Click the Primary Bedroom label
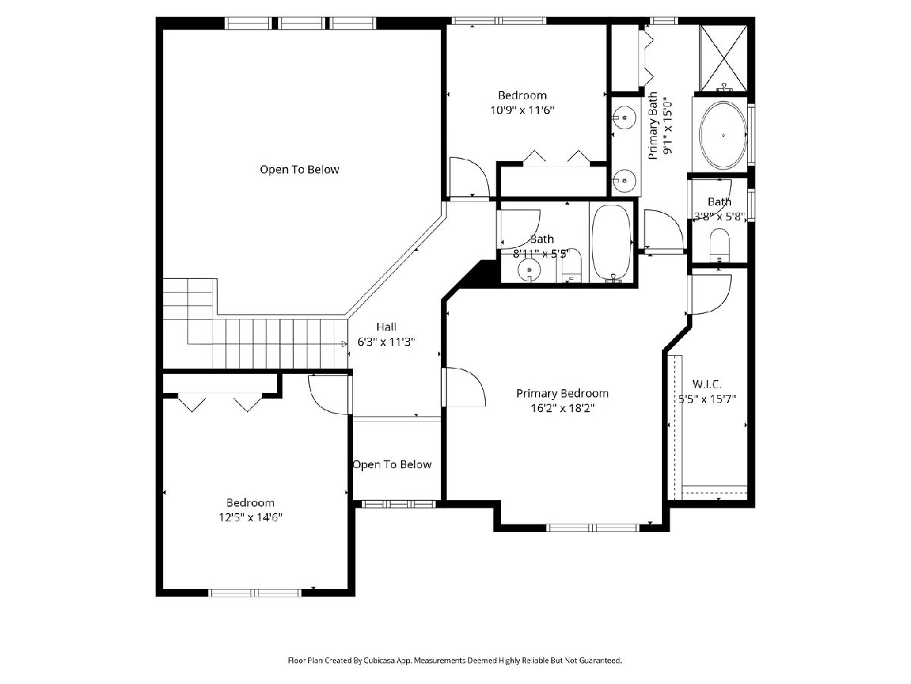[x=562, y=393]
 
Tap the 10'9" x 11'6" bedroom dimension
[x=522, y=110]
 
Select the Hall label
[x=386, y=327]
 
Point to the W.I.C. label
[x=706, y=384]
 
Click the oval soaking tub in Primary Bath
[x=723, y=135]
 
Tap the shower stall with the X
[x=723, y=58]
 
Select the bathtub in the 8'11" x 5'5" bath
[x=611, y=243]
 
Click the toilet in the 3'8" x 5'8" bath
[x=719, y=245]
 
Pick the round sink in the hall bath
[x=529, y=271]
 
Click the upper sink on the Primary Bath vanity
[x=624, y=118]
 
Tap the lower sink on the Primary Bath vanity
[x=624, y=181]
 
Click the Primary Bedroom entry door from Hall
[x=464, y=387]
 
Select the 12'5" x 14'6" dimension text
[x=251, y=517]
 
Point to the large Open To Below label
[x=299, y=169]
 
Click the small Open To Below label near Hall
[x=392, y=464]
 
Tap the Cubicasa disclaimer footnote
[x=455, y=660]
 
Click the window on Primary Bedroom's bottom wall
[x=593, y=528]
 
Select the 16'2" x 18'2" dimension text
[x=563, y=408]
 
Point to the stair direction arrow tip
[x=346, y=344]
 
